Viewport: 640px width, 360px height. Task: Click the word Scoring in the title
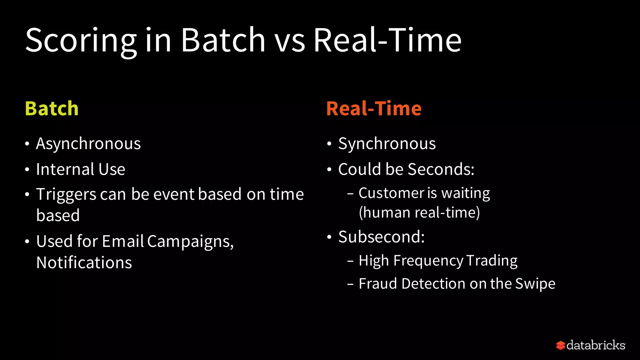(x=81, y=41)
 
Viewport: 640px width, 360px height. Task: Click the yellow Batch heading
(x=52, y=108)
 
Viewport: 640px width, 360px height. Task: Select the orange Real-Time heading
(x=374, y=108)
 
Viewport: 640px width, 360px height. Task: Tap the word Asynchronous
(x=88, y=144)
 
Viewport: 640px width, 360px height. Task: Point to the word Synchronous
(x=387, y=144)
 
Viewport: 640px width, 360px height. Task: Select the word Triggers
(x=66, y=194)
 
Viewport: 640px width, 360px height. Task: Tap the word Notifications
(x=84, y=262)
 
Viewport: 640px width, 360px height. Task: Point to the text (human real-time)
(x=419, y=212)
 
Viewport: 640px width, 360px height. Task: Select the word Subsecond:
(x=382, y=237)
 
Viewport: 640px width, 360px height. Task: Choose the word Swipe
(x=535, y=284)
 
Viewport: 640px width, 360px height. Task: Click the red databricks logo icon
(x=560, y=345)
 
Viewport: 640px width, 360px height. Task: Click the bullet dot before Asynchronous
(x=27, y=144)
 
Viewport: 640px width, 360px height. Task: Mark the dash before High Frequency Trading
(x=350, y=261)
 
